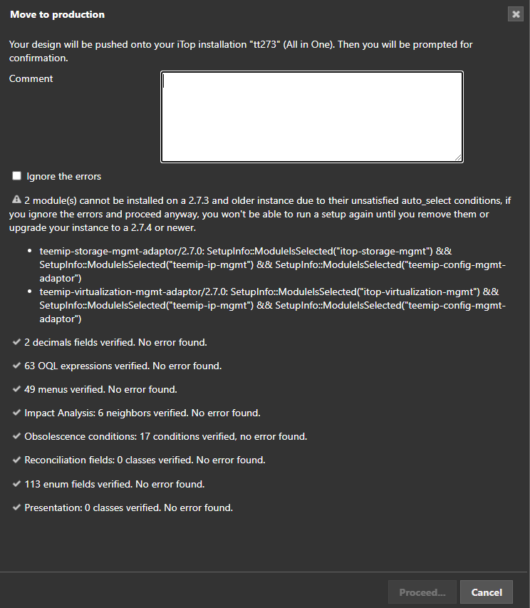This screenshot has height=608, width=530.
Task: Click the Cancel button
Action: pos(487,592)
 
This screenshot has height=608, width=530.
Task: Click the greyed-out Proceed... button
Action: pos(422,592)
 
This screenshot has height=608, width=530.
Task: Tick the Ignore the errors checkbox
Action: pos(17,176)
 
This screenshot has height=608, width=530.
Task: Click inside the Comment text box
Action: pos(312,117)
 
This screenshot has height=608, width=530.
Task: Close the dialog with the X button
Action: pos(516,14)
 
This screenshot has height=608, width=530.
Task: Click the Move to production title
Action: pos(57,14)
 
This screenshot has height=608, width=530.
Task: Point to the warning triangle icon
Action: pos(16,201)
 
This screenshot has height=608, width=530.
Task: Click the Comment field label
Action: pos(31,79)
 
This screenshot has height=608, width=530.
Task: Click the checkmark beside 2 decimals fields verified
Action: pos(16,342)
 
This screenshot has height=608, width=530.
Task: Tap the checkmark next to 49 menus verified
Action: pos(16,389)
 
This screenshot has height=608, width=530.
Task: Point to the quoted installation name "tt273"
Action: pos(264,45)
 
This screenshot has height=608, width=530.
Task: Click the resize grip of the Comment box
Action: pos(459,158)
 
